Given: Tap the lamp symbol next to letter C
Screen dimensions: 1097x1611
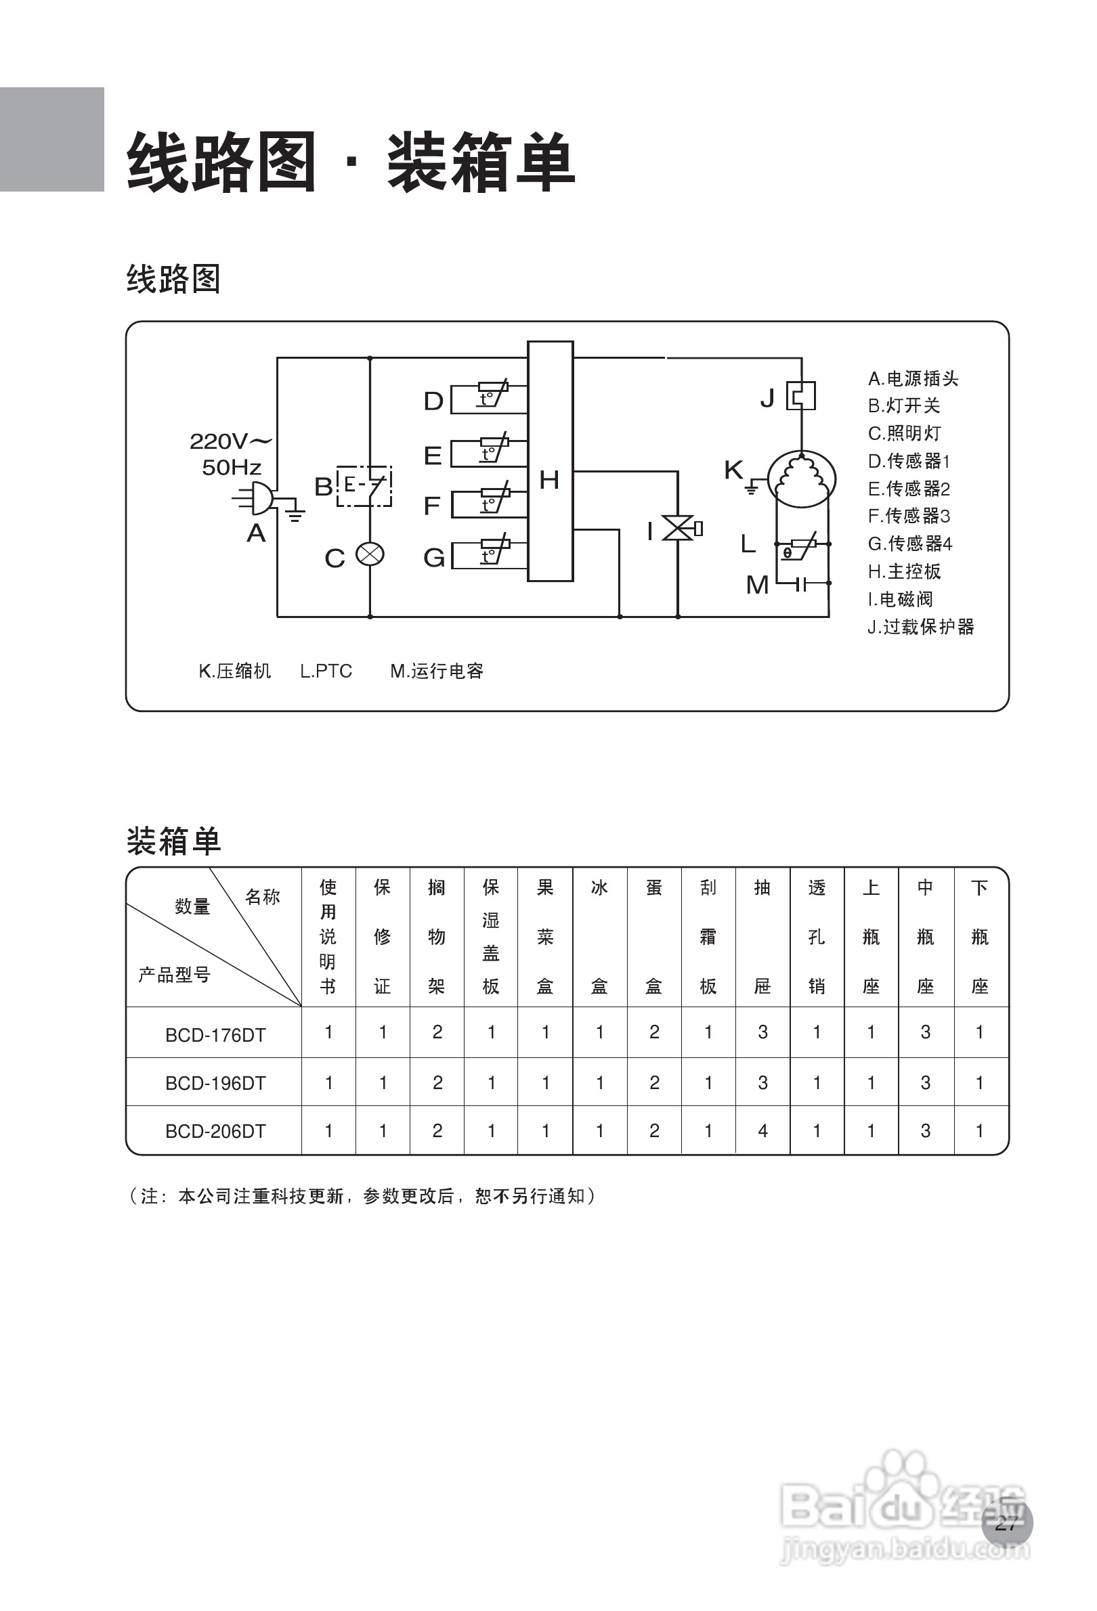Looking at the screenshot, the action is pos(370,554).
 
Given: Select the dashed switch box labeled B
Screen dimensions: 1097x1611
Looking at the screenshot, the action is pos(364,486).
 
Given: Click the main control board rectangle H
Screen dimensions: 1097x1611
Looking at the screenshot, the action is pos(550,461).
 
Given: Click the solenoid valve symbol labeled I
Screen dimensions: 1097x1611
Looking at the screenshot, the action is pos(683,528).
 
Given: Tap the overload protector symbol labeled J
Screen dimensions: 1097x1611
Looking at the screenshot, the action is pos(801,396).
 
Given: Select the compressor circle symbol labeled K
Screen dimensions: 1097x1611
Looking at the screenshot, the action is pos(802,479).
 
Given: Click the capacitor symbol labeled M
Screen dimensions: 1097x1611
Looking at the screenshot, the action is pos(802,583).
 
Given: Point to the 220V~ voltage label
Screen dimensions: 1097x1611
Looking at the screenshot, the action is pos(230,441).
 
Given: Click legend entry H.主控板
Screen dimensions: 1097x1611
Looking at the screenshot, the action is pos(904,571).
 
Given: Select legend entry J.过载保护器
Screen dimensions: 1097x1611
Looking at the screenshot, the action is pos(921,627).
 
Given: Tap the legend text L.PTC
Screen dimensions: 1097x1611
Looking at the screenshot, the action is pos(326,671).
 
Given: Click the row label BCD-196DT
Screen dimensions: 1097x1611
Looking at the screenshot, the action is pos(215,1083).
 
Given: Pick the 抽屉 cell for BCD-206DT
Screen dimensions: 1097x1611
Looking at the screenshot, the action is pos(762,1130).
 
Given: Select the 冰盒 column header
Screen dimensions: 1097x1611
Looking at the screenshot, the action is pos(599,937).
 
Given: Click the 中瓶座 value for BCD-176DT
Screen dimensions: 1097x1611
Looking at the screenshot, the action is pos(926,1032).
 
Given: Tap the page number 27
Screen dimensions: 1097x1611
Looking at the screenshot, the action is pos(1006,1522).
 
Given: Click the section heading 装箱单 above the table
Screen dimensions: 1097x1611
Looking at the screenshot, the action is pos(173,841).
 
